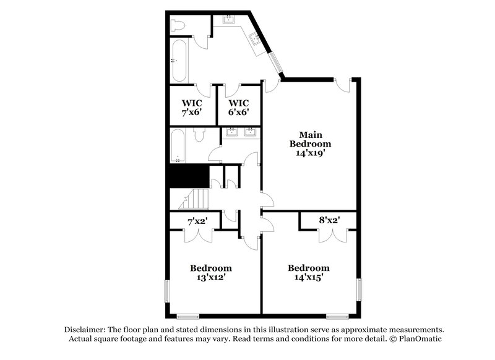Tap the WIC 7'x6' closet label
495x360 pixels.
pos(192,108)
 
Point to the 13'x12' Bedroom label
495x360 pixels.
pos(211,273)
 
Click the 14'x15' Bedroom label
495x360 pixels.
pos(309,273)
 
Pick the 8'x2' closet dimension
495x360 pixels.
pos(328,220)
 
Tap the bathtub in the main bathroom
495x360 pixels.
pos(179,61)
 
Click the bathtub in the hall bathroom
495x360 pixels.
pos(178,146)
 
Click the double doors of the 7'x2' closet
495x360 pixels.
pos(199,236)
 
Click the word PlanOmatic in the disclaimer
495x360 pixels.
pos(418,339)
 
